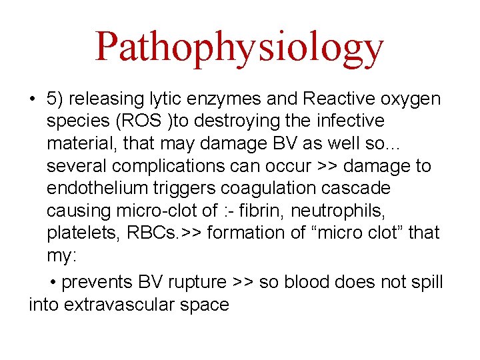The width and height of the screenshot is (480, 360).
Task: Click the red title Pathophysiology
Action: pos(239,47)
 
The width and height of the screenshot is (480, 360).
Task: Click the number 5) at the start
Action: pos(55,99)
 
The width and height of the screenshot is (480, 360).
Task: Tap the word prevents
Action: pos(99,282)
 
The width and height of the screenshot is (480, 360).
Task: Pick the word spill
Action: pos(427,282)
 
